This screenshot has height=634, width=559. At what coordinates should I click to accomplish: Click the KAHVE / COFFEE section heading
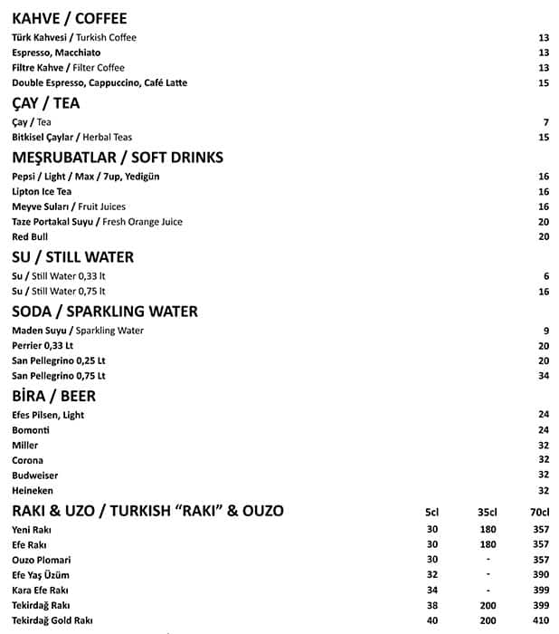(69, 18)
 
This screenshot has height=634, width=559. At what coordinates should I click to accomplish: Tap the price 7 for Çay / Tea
(546, 122)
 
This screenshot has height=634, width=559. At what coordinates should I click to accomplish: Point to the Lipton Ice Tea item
(42, 192)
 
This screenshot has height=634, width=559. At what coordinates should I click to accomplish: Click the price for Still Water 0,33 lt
(546, 276)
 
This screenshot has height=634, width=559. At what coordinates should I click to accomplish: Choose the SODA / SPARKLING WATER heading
(104, 312)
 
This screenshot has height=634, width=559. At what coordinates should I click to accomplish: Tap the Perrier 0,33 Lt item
(43, 346)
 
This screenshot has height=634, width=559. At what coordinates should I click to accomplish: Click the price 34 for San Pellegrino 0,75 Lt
(544, 376)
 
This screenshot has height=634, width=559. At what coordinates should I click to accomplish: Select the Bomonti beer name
(31, 430)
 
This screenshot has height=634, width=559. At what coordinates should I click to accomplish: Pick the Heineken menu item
(33, 490)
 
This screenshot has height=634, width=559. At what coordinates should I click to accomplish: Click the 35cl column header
(488, 512)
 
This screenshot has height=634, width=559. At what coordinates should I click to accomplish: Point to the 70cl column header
(540, 512)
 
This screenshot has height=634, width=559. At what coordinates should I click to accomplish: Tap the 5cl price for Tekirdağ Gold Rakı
(431, 620)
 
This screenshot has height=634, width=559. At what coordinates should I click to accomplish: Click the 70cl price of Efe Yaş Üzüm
(541, 575)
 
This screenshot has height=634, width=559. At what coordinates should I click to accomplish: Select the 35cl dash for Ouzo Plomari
(488, 560)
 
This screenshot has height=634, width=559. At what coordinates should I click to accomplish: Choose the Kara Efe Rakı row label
(41, 591)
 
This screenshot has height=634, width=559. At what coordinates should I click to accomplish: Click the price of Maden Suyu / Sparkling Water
(546, 331)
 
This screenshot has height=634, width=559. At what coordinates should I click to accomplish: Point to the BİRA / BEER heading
(53, 396)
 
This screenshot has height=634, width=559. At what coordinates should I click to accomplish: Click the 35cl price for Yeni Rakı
(488, 530)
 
